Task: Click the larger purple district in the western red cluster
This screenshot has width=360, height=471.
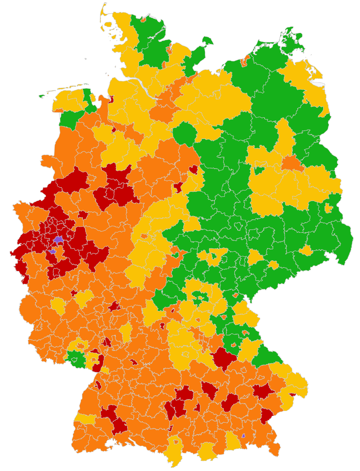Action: click(x=58, y=240)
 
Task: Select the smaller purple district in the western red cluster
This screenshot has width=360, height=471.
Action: click(x=52, y=252)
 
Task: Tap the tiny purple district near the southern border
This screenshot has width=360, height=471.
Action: click(x=244, y=435)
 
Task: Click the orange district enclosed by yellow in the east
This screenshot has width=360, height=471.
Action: click(x=291, y=163)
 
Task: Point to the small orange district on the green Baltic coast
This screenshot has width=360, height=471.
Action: click(x=245, y=58)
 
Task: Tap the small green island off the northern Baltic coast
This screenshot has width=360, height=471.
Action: click(x=206, y=41)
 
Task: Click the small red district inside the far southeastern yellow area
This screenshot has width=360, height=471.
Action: click(x=292, y=395)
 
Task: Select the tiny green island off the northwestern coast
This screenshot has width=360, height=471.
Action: click(x=42, y=96)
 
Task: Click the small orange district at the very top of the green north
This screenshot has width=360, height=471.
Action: click(x=143, y=20)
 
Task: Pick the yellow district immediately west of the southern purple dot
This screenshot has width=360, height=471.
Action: click(x=232, y=442)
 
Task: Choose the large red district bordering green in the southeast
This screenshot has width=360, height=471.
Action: click(x=224, y=358)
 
